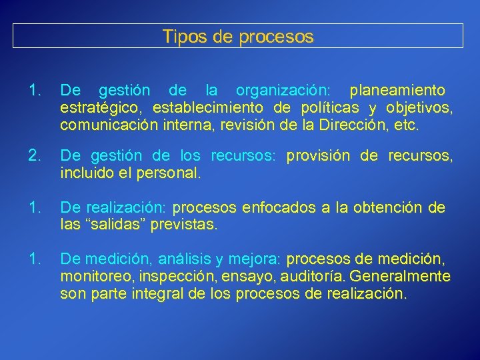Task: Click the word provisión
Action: click(x=319, y=156)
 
